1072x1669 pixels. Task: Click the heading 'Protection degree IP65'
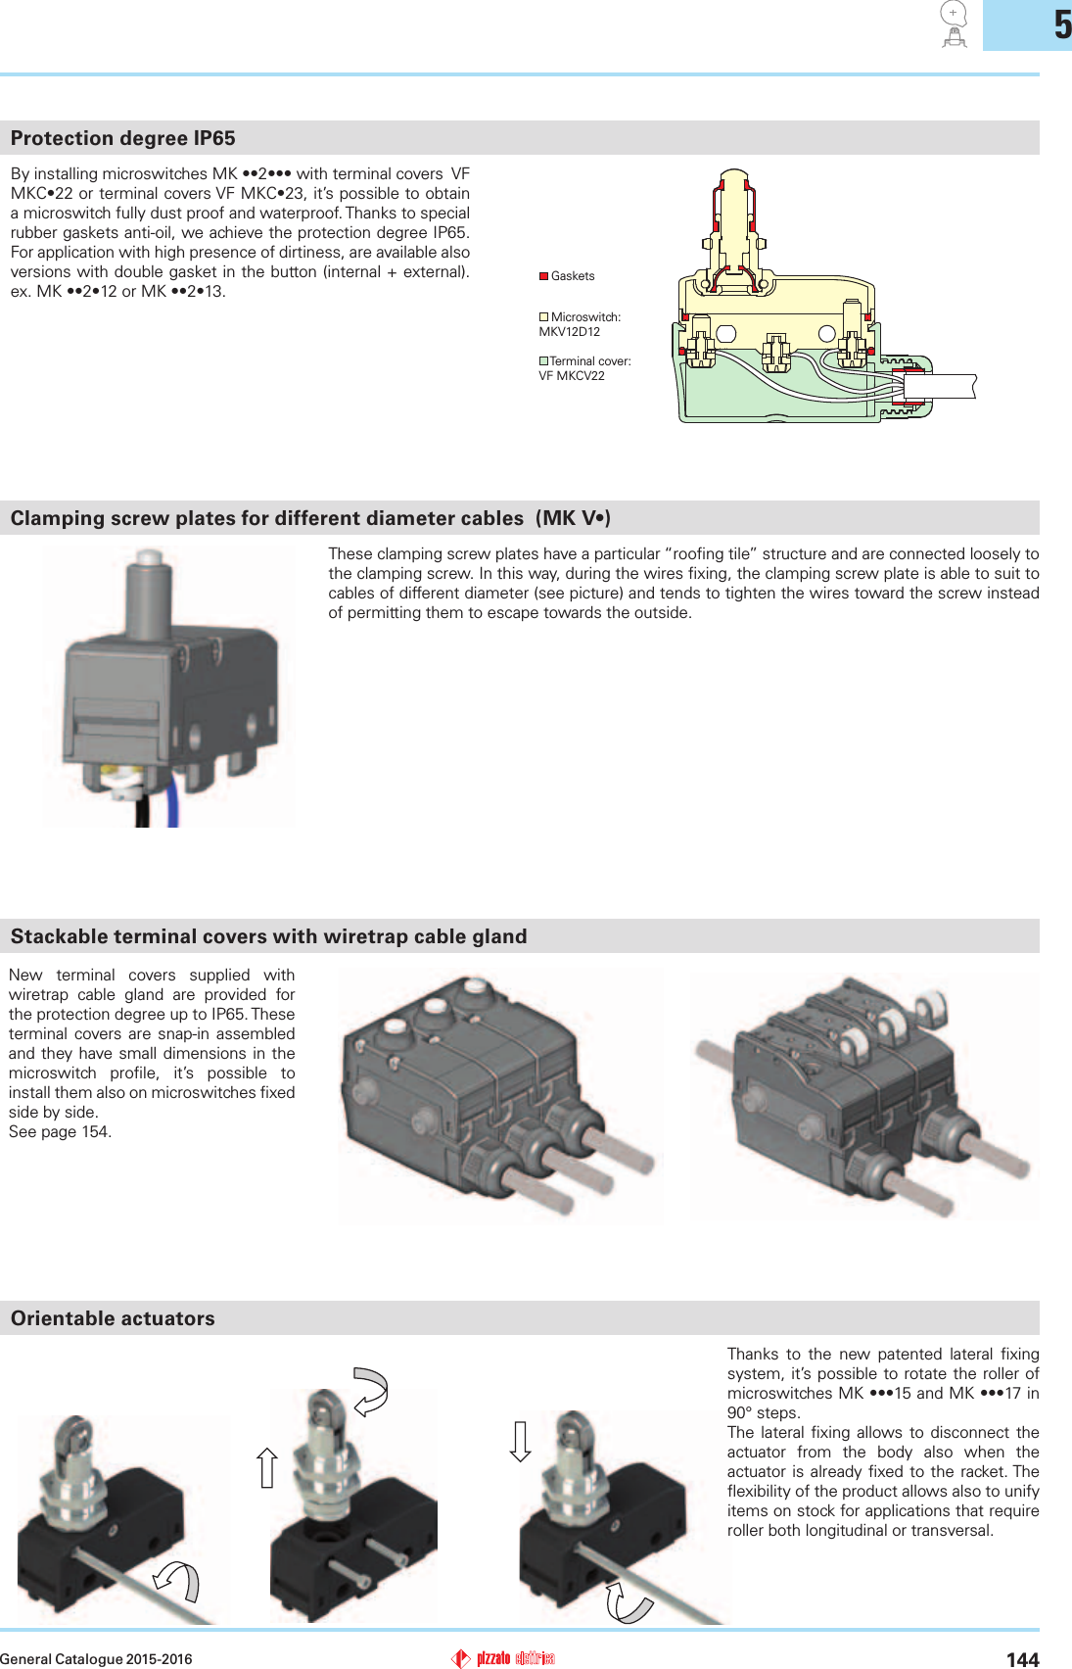coord(123,138)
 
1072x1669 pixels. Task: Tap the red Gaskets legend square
coord(543,276)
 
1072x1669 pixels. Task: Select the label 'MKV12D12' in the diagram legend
coord(570,332)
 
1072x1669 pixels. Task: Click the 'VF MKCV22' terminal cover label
coord(572,376)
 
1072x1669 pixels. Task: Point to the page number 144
coord(1022,1659)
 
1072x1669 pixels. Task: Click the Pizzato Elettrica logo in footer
coord(503,1658)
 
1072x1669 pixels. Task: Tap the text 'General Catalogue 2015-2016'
coord(96,1659)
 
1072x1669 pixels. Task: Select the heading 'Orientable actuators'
coord(113,1318)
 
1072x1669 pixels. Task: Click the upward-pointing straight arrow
coord(266,1467)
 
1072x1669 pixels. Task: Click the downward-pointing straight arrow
coord(521,1442)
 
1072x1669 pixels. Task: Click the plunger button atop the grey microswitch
coord(148,558)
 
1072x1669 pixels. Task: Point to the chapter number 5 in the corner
coord(1062,25)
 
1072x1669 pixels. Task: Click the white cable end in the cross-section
coord(940,386)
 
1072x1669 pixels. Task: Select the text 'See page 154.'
coord(61,1132)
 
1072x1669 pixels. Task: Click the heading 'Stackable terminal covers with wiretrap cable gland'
coord(268,936)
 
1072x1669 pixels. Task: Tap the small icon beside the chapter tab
coord(954,24)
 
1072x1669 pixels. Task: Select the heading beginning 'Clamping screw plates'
coord(310,518)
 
